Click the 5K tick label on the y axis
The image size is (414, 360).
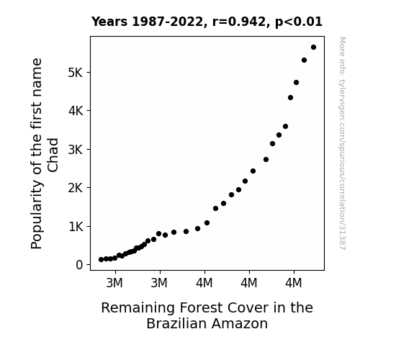pyautogui.click(x=76, y=73)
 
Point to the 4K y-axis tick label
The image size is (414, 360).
pyautogui.click(x=76, y=111)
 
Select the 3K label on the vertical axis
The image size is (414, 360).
pyautogui.click(x=76, y=150)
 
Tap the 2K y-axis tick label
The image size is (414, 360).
pyautogui.click(x=76, y=188)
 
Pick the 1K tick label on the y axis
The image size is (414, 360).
pyautogui.click(x=76, y=227)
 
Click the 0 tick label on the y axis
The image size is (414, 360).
pyautogui.click(x=79, y=265)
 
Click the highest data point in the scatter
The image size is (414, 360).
pyautogui.click(x=313, y=48)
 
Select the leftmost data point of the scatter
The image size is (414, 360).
pyautogui.click(x=101, y=260)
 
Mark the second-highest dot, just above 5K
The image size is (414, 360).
pyautogui.click(x=304, y=60)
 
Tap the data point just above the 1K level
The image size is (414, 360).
pyautogui.click(x=207, y=223)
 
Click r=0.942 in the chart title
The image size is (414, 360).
pyautogui.click(x=239, y=22)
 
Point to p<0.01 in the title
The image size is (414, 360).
pyautogui.click(x=299, y=22)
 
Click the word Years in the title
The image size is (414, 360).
pyautogui.click(x=109, y=22)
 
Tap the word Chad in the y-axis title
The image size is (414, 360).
pyautogui.click(x=53, y=156)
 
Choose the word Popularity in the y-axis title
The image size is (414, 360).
pyautogui.click(x=37, y=215)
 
